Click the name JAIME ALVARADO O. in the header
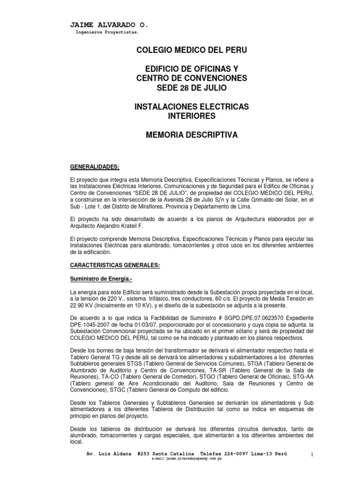109,25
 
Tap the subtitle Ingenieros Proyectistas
107,33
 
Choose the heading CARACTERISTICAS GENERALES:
115,265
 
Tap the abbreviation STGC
117,390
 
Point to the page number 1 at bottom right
311,455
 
